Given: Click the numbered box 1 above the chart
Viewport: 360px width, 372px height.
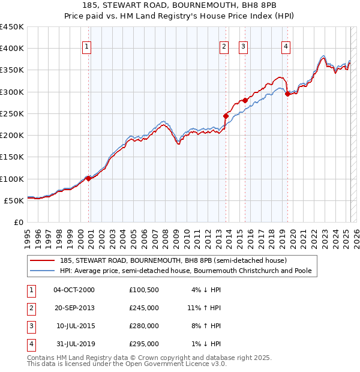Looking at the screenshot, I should [87, 47].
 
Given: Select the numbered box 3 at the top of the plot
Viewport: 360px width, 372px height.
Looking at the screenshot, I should [243, 47].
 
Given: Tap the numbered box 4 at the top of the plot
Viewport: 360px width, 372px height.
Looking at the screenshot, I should [286, 47].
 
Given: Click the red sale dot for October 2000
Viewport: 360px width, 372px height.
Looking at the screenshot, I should [88, 178].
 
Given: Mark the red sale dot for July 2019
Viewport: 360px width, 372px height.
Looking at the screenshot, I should [288, 94].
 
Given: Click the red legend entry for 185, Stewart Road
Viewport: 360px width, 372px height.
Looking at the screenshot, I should [173, 261].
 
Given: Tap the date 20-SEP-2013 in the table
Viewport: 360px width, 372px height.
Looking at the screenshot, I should [74, 308].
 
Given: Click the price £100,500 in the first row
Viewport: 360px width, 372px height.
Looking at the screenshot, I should [144, 290].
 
